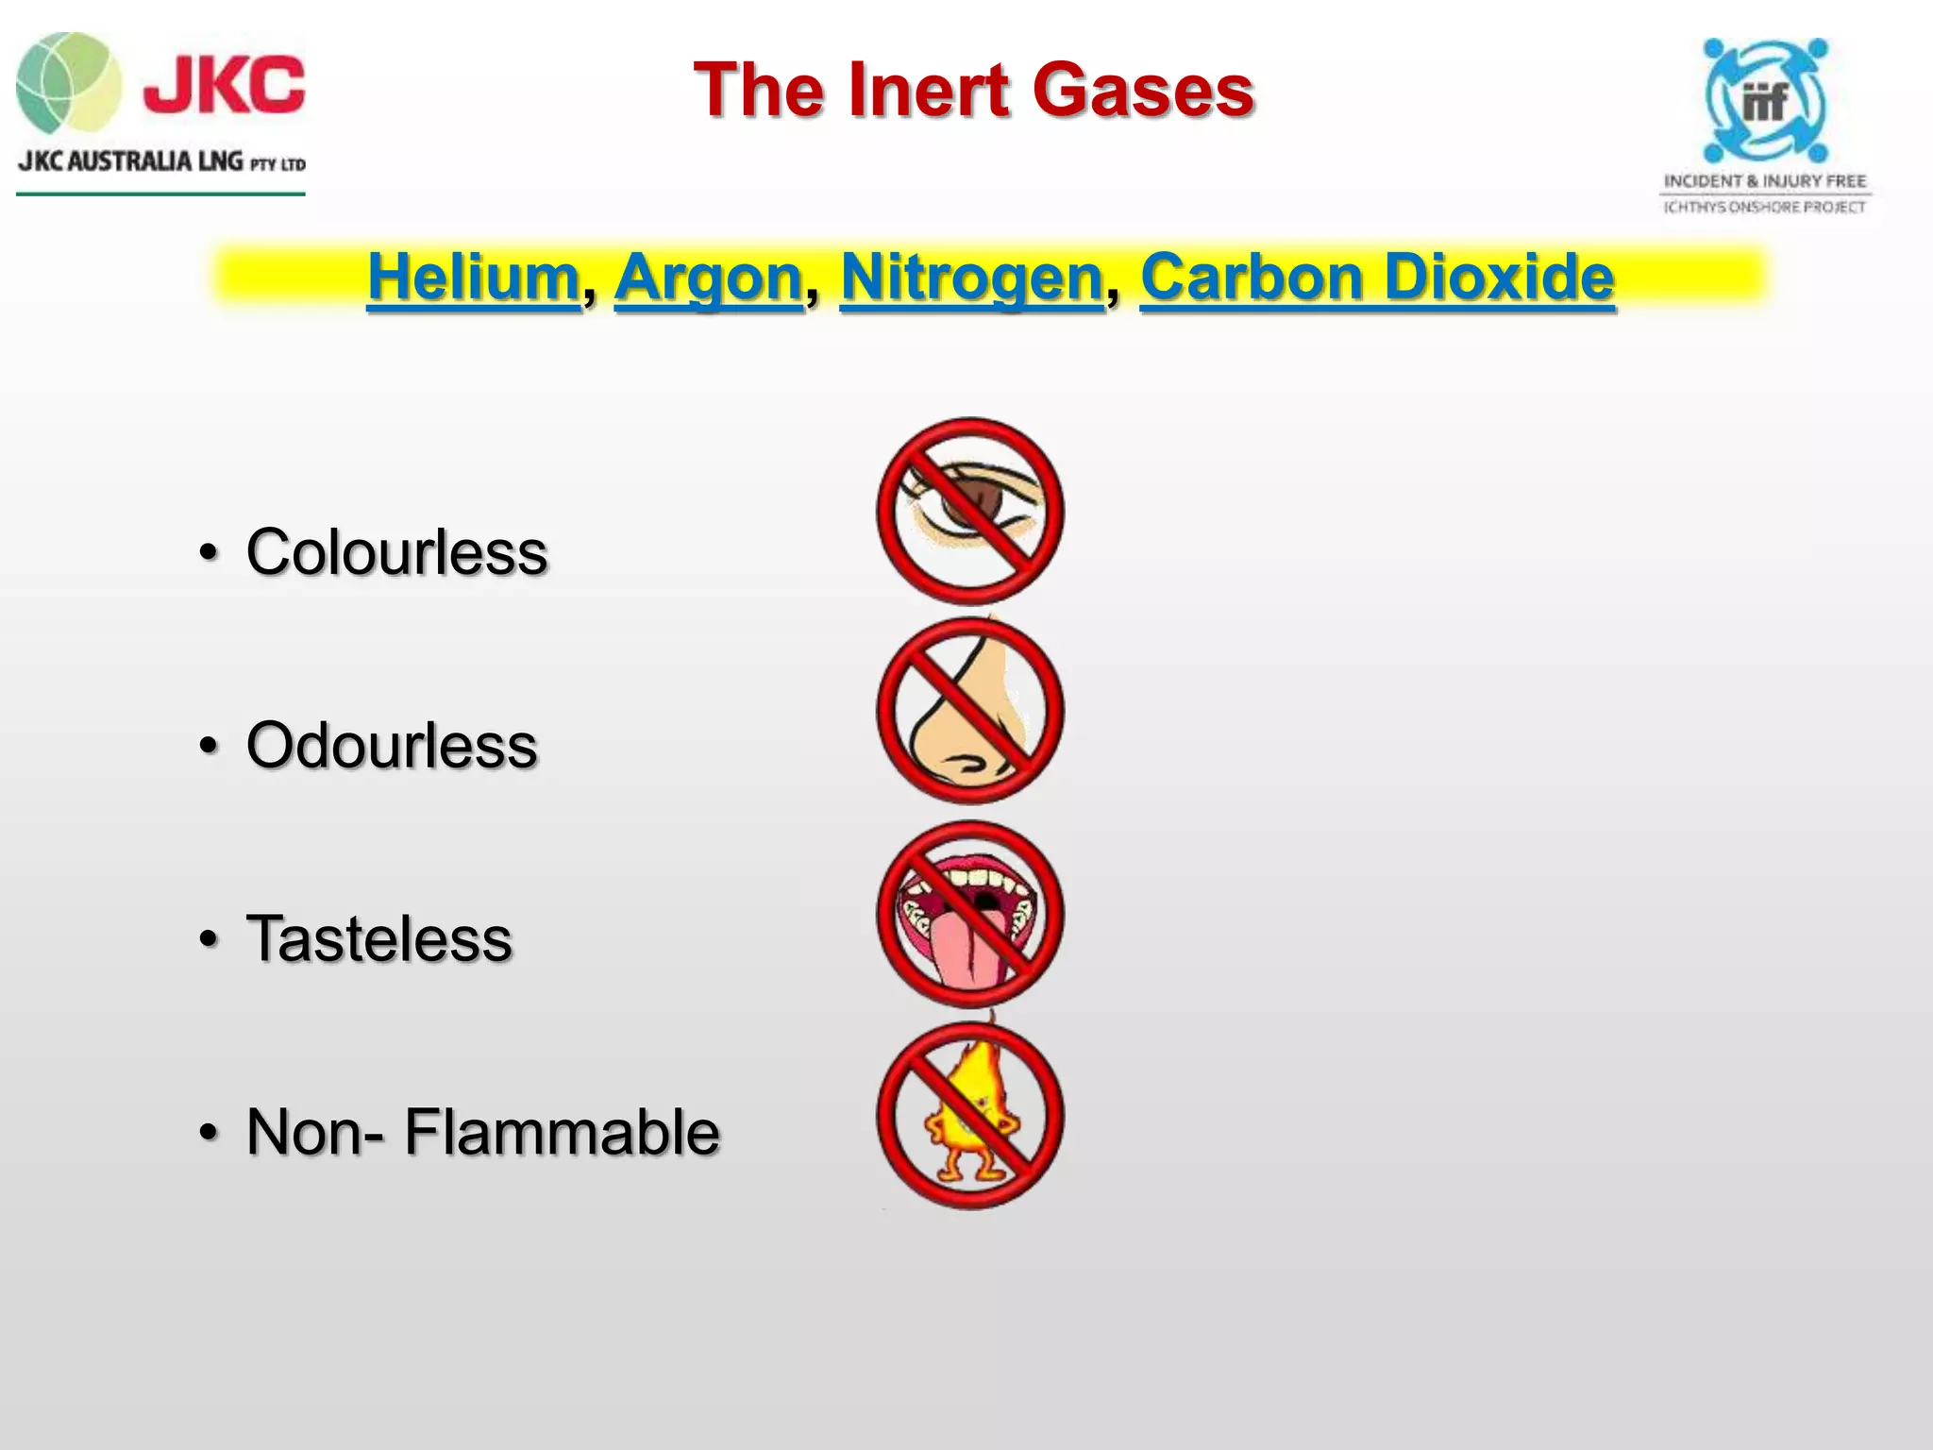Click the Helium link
[x=473, y=278]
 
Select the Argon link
[x=708, y=278]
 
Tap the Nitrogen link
[x=971, y=278]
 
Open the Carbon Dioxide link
[x=1377, y=278]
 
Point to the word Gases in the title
[x=1143, y=91]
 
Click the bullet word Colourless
[x=396, y=552]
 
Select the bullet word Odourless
[x=392, y=746]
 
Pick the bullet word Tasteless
[x=379, y=939]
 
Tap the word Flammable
[x=562, y=1132]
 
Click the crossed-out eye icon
[x=970, y=511]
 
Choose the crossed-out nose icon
[x=970, y=711]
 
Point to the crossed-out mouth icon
[x=970, y=914]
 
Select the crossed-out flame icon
[x=970, y=1116]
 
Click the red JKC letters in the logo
[x=225, y=85]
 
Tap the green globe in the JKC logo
[x=68, y=83]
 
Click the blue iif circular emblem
[x=1765, y=100]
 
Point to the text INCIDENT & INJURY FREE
[x=1765, y=180]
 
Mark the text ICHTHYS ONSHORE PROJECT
[x=1765, y=207]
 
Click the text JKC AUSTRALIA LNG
[x=131, y=161]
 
